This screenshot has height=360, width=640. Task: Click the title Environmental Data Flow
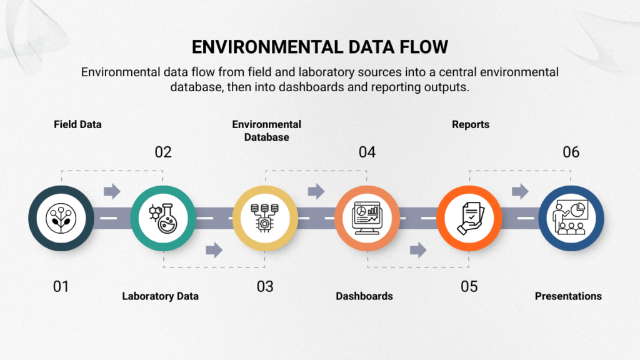319,47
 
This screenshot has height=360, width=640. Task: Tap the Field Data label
77,124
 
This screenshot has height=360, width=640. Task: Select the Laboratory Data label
160,296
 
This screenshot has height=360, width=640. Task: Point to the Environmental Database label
267,131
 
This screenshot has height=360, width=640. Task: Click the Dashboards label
364,296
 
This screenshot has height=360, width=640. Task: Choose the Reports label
471,124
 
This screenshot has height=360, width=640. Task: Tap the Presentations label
568,296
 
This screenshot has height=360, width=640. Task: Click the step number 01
61,286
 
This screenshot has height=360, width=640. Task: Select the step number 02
163,152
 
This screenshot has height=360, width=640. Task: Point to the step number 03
265,286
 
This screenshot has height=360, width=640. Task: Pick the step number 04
367,152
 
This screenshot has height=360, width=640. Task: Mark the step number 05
469,286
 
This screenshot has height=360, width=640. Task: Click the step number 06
571,152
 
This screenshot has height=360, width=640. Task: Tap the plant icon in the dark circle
61,218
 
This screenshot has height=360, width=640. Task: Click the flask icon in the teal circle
162,218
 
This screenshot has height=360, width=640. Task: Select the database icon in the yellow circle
265,218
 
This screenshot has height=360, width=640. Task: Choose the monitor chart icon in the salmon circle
367,218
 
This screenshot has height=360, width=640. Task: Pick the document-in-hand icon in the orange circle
469,218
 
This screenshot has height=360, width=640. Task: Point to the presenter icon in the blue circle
571,218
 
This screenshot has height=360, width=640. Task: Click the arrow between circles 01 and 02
112,191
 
